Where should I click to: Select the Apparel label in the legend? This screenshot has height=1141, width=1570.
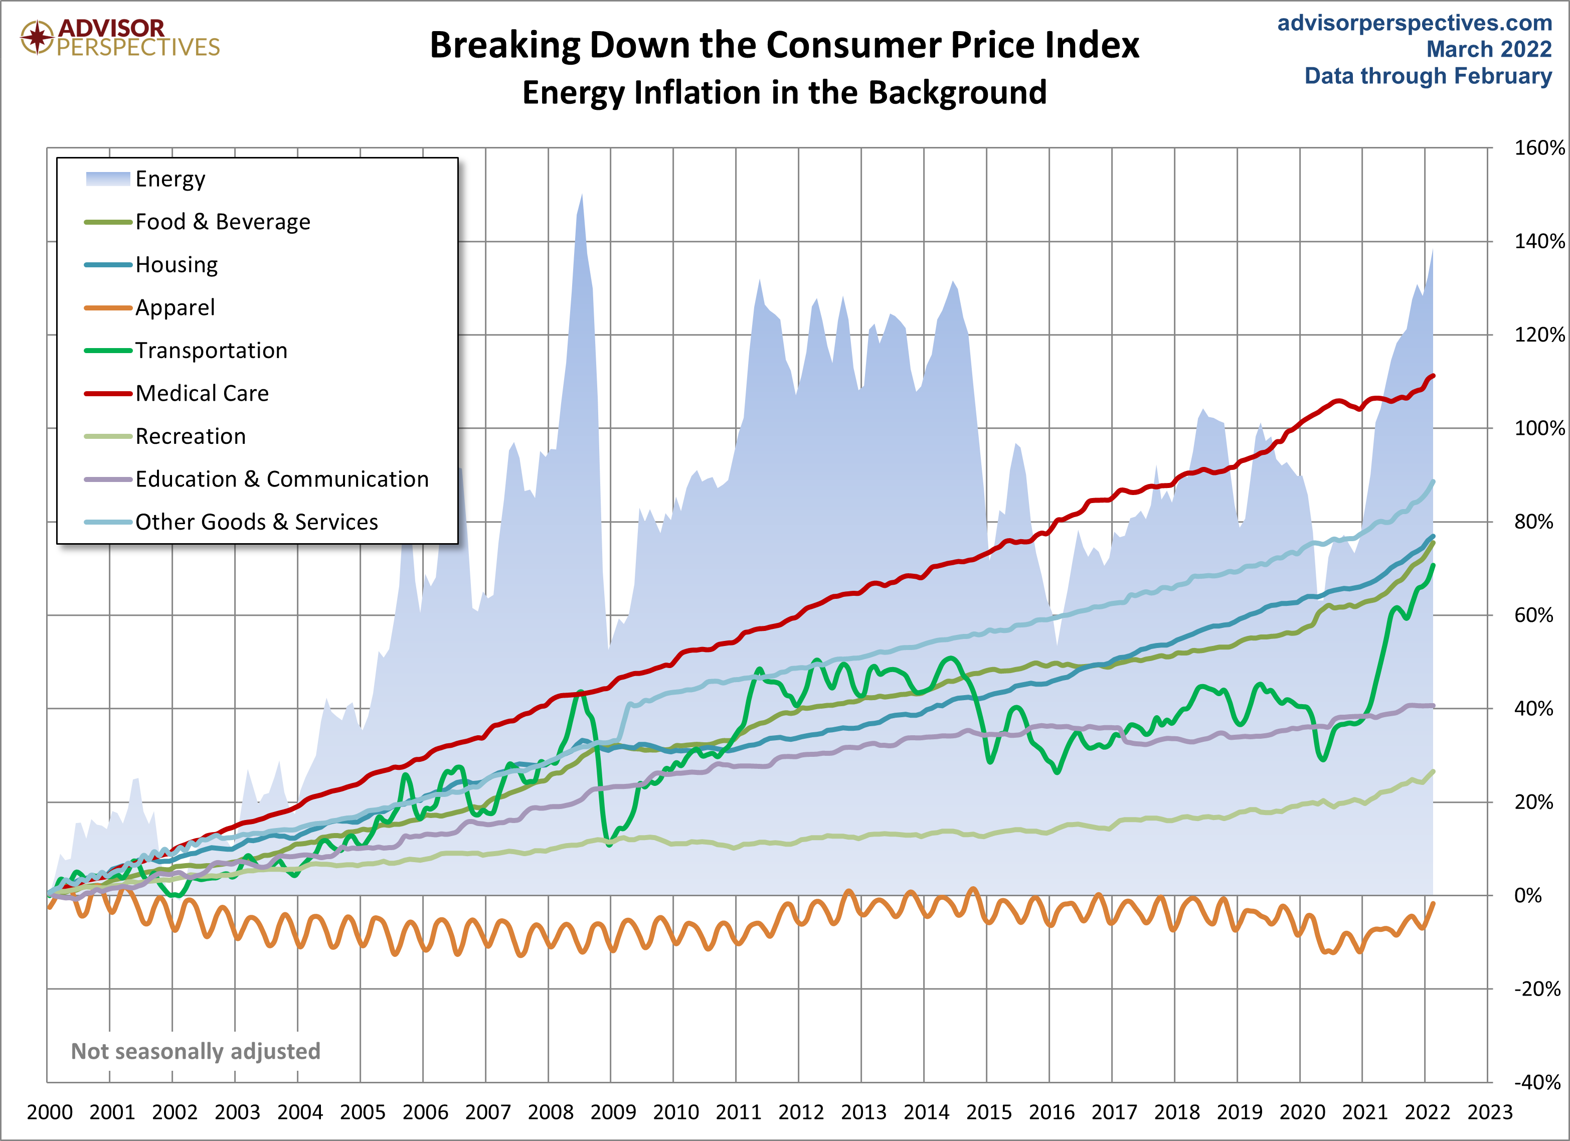tap(175, 307)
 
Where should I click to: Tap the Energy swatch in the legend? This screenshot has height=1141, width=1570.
tap(107, 179)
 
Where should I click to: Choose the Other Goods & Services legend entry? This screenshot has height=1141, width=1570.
tap(256, 522)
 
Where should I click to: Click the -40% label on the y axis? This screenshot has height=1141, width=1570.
tap(1537, 1082)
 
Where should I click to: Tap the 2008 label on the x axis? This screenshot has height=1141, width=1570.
tap(551, 1112)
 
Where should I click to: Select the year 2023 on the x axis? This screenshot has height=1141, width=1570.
tap(1490, 1112)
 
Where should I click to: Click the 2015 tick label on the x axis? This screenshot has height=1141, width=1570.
tap(988, 1112)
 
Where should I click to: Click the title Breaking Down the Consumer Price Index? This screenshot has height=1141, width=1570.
tap(784, 46)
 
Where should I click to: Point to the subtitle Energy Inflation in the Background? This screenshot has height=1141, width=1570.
tap(784, 93)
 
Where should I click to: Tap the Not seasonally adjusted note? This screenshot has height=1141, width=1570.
tap(196, 1051)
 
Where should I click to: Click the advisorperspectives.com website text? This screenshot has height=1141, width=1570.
tap(1414, 23)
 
